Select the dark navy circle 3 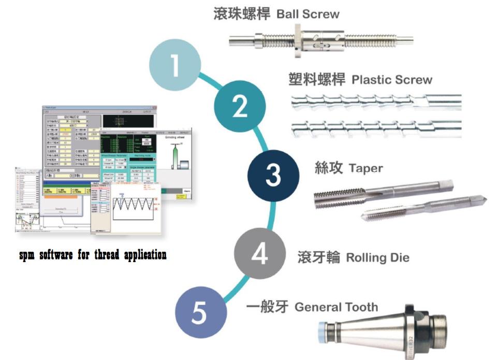click(x=273, y=176)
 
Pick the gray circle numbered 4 click(x=260, y=255)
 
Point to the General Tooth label click(x=336, y=307)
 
